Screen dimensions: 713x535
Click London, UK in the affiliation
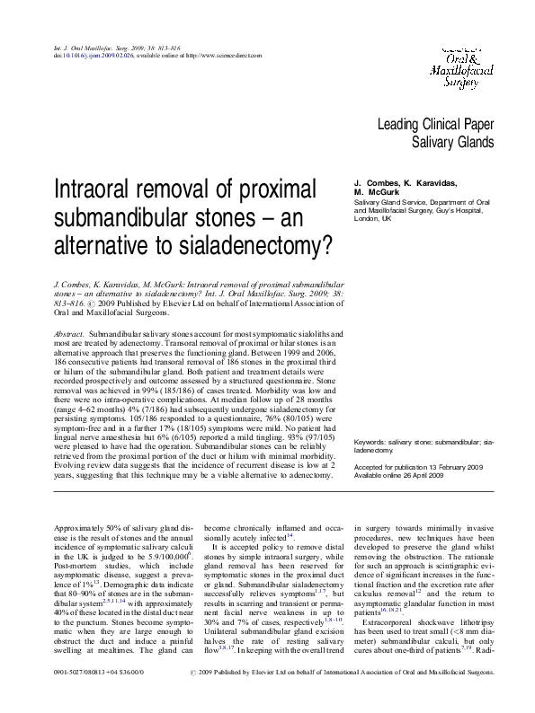tap(373, 217)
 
